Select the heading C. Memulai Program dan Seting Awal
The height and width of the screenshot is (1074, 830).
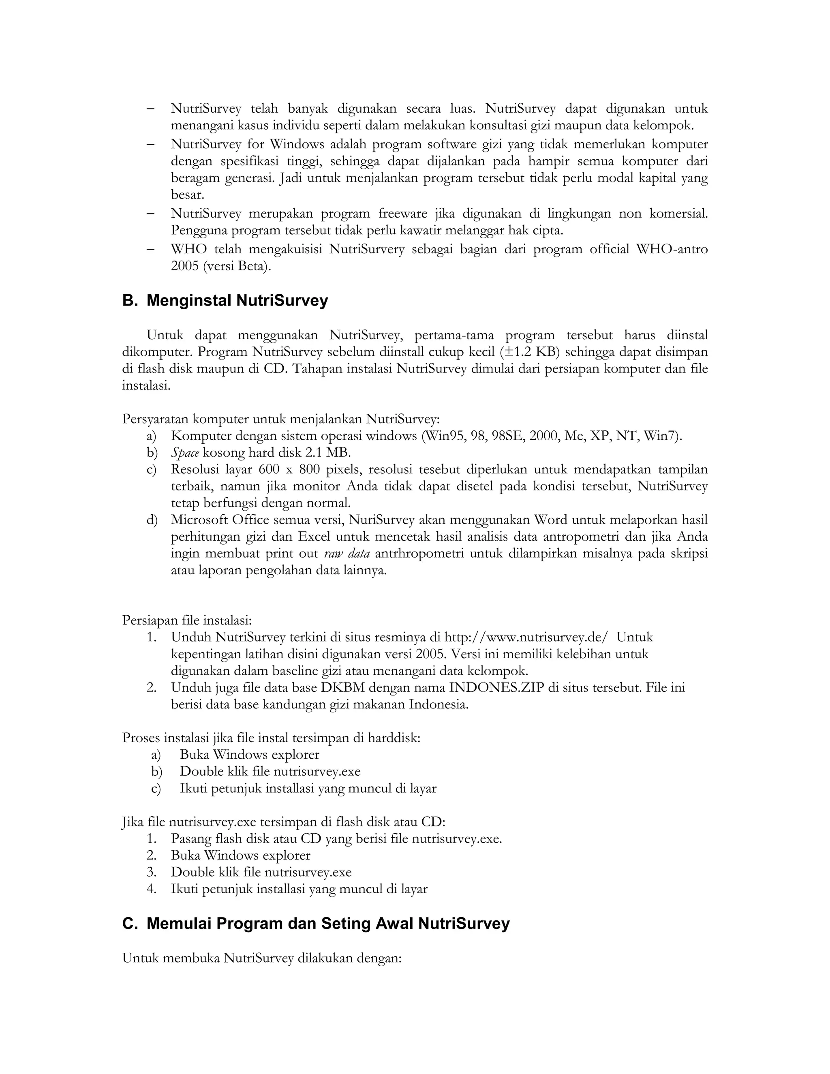pos(316,924)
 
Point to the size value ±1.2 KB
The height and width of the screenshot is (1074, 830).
pos(531,352)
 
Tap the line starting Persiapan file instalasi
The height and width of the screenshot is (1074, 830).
pos(187,620)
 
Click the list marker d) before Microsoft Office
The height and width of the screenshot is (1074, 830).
pos(152,520)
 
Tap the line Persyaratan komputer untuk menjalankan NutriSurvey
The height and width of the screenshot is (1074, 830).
pos(281,419)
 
